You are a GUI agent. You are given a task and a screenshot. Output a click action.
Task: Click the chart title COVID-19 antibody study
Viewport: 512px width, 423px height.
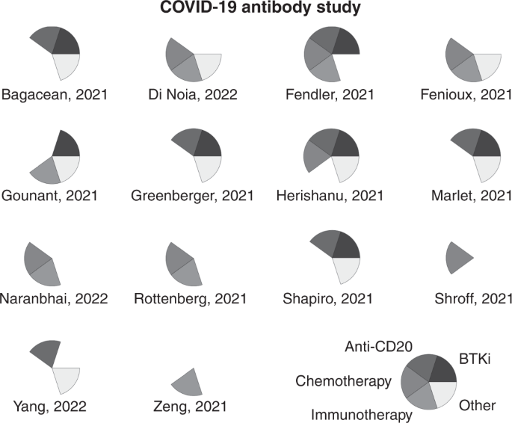coord(256,10)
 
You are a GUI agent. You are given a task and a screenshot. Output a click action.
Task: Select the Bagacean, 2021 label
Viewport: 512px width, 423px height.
coord(55,95)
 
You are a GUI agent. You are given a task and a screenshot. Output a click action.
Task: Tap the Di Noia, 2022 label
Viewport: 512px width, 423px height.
coord(194,95)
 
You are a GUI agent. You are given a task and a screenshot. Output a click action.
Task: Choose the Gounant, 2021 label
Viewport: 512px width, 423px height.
coord(53,196)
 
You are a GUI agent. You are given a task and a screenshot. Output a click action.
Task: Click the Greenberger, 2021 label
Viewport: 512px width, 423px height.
coord(192,196)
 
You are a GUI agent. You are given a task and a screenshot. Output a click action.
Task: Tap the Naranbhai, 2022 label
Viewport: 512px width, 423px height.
coord(55,298)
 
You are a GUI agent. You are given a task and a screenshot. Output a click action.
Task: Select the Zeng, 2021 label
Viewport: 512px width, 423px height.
coord(194,406)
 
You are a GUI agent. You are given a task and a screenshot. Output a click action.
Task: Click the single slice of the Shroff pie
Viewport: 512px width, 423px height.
coord(457,257)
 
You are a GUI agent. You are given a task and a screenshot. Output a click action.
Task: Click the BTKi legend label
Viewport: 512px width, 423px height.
coord(473,359)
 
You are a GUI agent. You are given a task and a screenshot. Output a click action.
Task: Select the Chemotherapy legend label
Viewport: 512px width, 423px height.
coord(343,381)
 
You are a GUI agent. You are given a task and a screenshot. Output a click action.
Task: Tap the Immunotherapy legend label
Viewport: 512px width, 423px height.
coord(362,413)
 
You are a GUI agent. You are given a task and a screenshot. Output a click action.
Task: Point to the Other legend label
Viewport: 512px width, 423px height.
coord(477,406)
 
